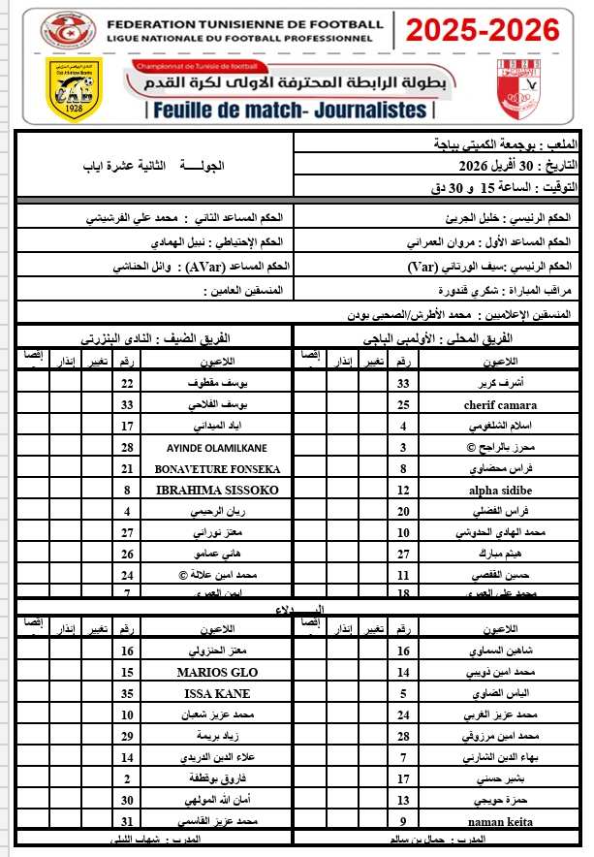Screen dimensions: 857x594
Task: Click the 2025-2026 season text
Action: coord(482,32)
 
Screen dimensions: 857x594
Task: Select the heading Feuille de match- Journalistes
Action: coord(290,110)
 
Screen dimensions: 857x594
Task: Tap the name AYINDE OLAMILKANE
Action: coord(217,447)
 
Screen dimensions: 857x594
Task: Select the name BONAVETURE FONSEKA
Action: coord(217,468)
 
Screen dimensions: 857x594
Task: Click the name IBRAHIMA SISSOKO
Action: coord(217,491)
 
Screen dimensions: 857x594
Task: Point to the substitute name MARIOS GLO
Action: coord(217,672)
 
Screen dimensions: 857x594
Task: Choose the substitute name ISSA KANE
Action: coord(217,693)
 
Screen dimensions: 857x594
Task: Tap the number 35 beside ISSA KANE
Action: coord(127,693)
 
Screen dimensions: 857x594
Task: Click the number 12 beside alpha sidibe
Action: coord(403,491)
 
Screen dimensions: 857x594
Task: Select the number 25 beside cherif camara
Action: coord(403,403)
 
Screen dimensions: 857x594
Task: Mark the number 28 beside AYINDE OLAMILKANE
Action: coord(127,447)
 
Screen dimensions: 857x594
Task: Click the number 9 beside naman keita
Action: coord(403,822)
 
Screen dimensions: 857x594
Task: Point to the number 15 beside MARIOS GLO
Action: coord(127,672)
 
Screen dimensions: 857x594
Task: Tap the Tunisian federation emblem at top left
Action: coord(65,30)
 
